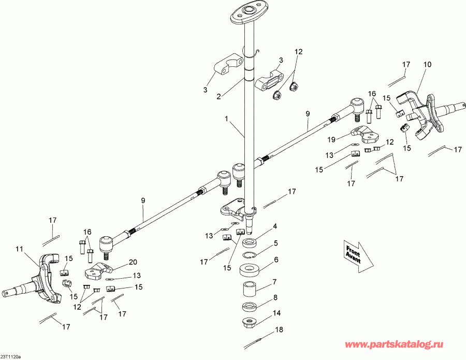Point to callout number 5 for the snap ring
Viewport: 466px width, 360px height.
pyautogui.click(x=276, y=242)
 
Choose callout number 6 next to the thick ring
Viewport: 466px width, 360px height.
pyautogui.click(x=276, y=260)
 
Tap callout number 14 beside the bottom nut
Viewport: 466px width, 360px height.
pyautogui.click(x=278, y=313)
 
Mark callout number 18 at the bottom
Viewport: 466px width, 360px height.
pyautogui.click(x=279, y=329)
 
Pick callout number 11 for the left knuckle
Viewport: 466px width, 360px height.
pyautogui.click(x=19, y=249)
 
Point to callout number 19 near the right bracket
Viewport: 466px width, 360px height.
pyautogui.click(x=331, y=139)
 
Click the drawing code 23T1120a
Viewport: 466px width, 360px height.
pyautogui.click(x=10, y=357)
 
